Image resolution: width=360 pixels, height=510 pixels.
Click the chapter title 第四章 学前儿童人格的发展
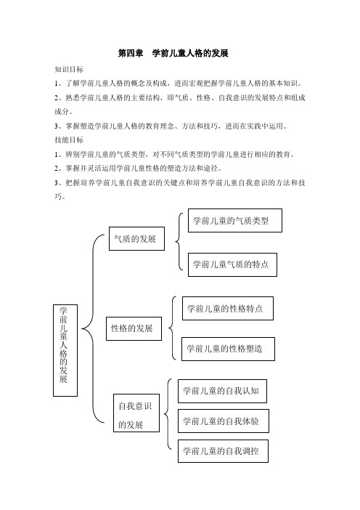point(173,53)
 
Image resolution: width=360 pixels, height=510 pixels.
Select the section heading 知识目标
point(69,69)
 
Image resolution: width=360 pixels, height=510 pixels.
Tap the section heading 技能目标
point(69,140)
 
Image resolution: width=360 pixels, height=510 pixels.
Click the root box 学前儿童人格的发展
point(65,350)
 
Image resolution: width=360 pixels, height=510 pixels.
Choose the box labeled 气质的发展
point(136,238)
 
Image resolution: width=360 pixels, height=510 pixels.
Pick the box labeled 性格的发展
point(134,328)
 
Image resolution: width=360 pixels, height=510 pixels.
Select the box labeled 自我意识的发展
point(136,413)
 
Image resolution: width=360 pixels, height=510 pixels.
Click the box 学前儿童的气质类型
point(235,221)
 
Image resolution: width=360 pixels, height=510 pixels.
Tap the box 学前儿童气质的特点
point(233,264)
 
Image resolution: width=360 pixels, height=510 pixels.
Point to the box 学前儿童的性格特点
point(228,308)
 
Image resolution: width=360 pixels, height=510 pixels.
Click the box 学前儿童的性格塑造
point(228,349)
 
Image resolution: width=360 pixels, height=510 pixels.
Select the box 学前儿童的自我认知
point(223,391)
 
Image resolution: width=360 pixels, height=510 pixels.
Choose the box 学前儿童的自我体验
point(224,421)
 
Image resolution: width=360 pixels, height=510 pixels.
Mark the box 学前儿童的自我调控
point(224,451)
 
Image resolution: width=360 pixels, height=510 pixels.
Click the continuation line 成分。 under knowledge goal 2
point(63,112)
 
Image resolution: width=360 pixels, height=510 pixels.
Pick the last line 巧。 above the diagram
point(60,196)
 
